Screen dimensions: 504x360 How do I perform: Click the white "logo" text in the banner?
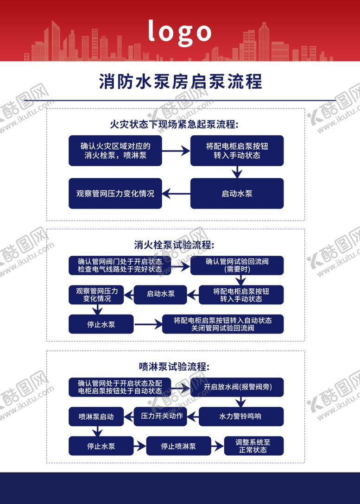[x=180, y=31]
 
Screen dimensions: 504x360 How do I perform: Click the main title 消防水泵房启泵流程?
[x=180, y=82]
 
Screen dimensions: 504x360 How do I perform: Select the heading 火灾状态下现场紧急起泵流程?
[x=174, y=125]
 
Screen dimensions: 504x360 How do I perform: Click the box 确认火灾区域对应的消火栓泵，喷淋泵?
[x=115, y=151]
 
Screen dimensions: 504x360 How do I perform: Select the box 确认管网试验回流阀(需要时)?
[x=237, y=265]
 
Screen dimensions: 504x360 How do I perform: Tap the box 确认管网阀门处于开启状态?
[x=120, y=265]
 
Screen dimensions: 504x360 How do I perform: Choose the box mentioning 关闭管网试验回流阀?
[x=222, y=324]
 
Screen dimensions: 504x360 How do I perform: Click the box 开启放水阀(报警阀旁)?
[x=237, y=387]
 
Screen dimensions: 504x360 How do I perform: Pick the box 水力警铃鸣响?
[x=241, y=416]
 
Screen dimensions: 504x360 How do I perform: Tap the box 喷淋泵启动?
[x=96, y=416]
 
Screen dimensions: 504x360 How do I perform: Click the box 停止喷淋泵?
[x=178, y=446]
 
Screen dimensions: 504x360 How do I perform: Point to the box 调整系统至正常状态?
[x=253, y=446]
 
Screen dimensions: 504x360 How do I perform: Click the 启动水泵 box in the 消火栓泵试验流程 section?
[x=160, y=294]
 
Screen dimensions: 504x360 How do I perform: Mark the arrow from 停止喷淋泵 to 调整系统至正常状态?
[x=217, y=446]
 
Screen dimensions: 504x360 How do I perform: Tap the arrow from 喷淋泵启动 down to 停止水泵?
[x=97, y=431]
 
